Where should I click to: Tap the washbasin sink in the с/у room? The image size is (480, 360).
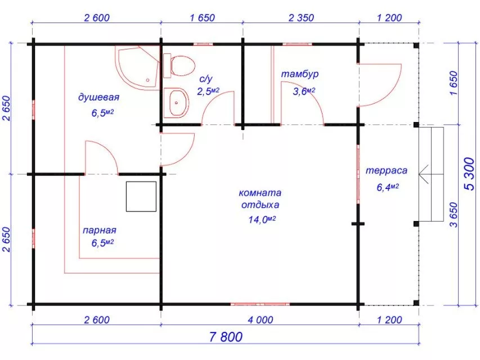(176, 103)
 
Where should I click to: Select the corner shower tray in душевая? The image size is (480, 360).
(137, 67)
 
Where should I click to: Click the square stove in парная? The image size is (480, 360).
(141, 196)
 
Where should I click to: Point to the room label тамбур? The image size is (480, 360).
(300, 74)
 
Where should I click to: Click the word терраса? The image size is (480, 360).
(387, 170)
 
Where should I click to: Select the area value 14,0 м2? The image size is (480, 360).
(262, 219)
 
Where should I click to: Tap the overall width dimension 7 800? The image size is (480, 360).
(226, 337)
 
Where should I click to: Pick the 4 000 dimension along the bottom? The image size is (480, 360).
(261, 320)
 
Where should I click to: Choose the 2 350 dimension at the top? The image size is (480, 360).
(301, 18)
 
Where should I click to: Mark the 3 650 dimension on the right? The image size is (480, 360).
(454, 214)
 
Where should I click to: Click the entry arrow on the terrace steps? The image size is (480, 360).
(423, 174)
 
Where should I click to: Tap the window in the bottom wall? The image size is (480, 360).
(260, 304)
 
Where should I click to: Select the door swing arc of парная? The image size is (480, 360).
(102, 156)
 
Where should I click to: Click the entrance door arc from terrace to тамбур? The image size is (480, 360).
(380, 85)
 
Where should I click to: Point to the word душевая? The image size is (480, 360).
(98, 98)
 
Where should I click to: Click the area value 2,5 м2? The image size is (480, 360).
(208, 91)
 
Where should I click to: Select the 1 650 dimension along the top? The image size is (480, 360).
(203, 18)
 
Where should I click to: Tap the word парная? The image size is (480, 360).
(100, 230)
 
